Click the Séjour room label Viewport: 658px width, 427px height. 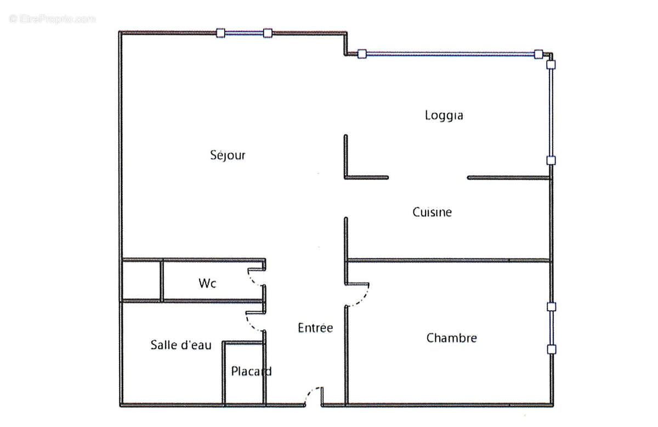[x=228, y=155]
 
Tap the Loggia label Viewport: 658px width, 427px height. [x=444, y=115]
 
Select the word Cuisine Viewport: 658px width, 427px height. [x=432, y=212]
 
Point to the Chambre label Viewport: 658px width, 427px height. [x=451, y=338]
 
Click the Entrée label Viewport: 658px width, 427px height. [x=315, y=328]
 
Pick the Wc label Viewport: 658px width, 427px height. [x=207, y=283]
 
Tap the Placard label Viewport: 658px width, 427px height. [x=251, y=372]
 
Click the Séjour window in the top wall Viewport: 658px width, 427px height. [x=243, y=33]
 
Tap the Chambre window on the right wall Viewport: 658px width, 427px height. [x=551, y=328]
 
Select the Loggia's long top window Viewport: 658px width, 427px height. [x=450, y=54]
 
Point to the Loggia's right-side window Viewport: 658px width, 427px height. [x=551, y=113]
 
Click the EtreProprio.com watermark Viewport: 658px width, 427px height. [x=53, y=19]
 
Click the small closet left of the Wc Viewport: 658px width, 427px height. [x=140, y=280]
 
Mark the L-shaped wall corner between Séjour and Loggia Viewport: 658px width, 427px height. [x=346, y=177]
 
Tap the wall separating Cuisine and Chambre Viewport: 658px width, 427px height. [x=449, y=260]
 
